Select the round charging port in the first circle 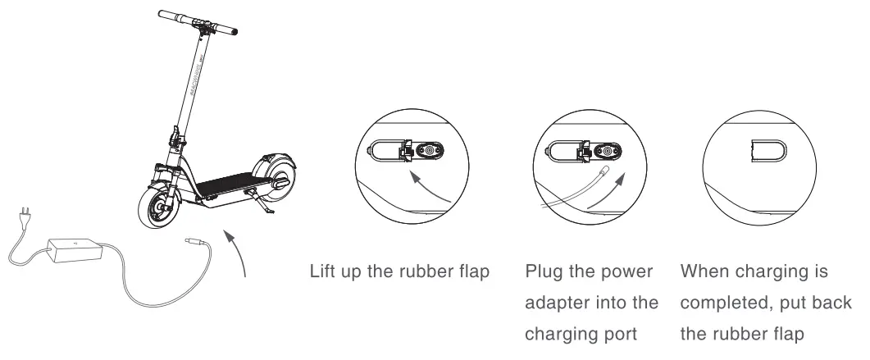428,151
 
